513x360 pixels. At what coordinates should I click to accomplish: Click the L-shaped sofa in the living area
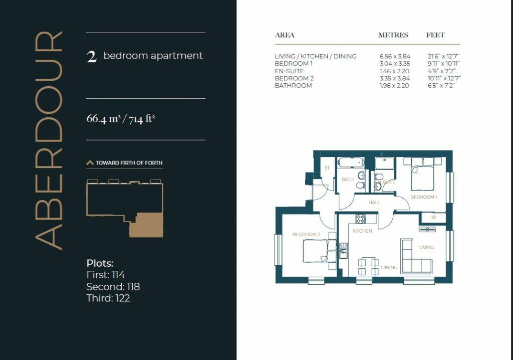[x=415, y=258]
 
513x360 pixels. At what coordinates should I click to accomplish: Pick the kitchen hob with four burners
[x=361, y=219]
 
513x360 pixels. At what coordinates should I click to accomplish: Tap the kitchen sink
[x=343, y=249]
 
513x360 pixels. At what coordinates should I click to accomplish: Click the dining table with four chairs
[x=368, y=266]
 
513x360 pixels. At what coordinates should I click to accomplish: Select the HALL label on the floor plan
[x=374, y=203]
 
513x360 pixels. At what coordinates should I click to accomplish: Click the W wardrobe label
[x=433, y=217]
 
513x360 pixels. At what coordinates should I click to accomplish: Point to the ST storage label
[x=327, y=168]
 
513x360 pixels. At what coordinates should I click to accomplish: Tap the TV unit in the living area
[x=427, y=229]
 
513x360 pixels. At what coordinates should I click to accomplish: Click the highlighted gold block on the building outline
[x=146, y=225]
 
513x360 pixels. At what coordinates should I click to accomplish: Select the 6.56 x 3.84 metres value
[x=394, y=57]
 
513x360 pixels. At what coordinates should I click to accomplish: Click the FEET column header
[x=435, y=35]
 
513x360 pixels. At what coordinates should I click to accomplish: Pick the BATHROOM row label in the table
[x=294, y=86]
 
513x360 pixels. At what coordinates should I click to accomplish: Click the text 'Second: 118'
[x=113, y=287]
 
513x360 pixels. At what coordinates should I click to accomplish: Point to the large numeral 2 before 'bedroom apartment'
[x=91, y=56]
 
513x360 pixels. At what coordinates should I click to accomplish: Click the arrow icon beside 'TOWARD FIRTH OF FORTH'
[x=90, y=163]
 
